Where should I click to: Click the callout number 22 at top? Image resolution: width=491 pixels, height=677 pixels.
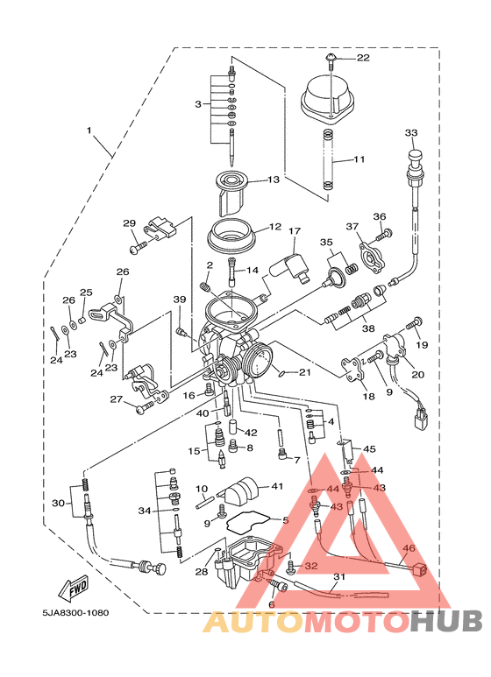pyautogui.click(x=363, y=58)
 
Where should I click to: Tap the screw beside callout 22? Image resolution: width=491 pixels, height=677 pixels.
pyautogui.click(x=331, y=61)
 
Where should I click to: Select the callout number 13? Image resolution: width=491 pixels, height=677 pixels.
pyautogui.click(x=274, y=180)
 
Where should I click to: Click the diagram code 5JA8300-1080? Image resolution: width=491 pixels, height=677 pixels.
pyautogui.click(x=75, y=613)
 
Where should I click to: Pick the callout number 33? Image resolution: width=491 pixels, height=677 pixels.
pyautogui.click(x=411, y=132)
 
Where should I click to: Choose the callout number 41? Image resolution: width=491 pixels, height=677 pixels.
pyautogui.click(x=276, y=486)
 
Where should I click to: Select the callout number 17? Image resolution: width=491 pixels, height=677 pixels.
pyautogui.click(x=294, y=231)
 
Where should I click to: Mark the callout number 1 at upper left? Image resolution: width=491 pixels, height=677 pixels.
pyautogui.click(x=89, y=130)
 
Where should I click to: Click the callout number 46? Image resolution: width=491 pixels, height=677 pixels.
pyautogui.click(x=409, y=548)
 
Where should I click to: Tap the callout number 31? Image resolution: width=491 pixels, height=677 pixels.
pyautogui.click(x=339, y=577)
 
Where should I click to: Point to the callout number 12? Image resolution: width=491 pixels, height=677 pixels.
pyautogui.click(x=275, y=227)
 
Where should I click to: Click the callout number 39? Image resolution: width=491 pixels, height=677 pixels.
pyautogui.click(x=180, y=300)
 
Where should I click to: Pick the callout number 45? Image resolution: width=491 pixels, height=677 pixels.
pyautogui.click(x=369, y=449)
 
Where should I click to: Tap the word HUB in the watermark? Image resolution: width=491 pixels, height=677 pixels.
pyautogui.click(x=446, y=621)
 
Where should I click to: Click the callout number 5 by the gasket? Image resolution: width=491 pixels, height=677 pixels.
pyautogui.click(x=285, y=521)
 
